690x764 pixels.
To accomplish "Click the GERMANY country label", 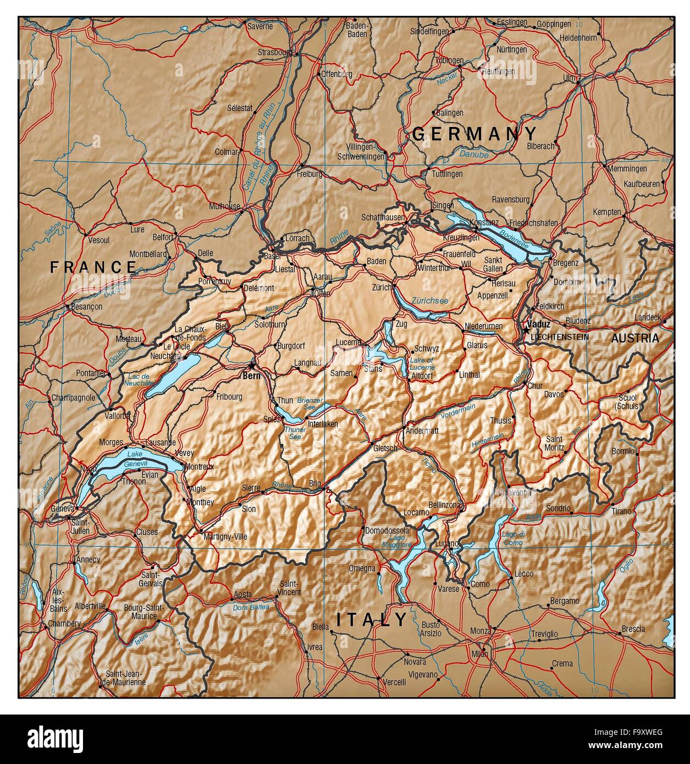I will [x=474, y=134].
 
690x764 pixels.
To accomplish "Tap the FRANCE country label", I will [x=93, y=267].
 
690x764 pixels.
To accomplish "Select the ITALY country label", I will [x=372, y=620].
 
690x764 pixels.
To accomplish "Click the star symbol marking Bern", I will [x=252, y=366].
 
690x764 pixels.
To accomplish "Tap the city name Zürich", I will [x=382, y=287].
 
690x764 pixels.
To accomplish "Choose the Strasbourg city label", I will [x=274, y=52].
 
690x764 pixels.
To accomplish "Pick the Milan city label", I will [x=479, y=654].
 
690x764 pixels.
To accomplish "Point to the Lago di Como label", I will [x=512, y=539].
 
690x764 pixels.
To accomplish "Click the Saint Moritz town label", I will [x=554, y=443].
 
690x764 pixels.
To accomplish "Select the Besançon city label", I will [x=85, y=307].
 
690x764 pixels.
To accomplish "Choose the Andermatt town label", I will [x=422, y=431].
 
